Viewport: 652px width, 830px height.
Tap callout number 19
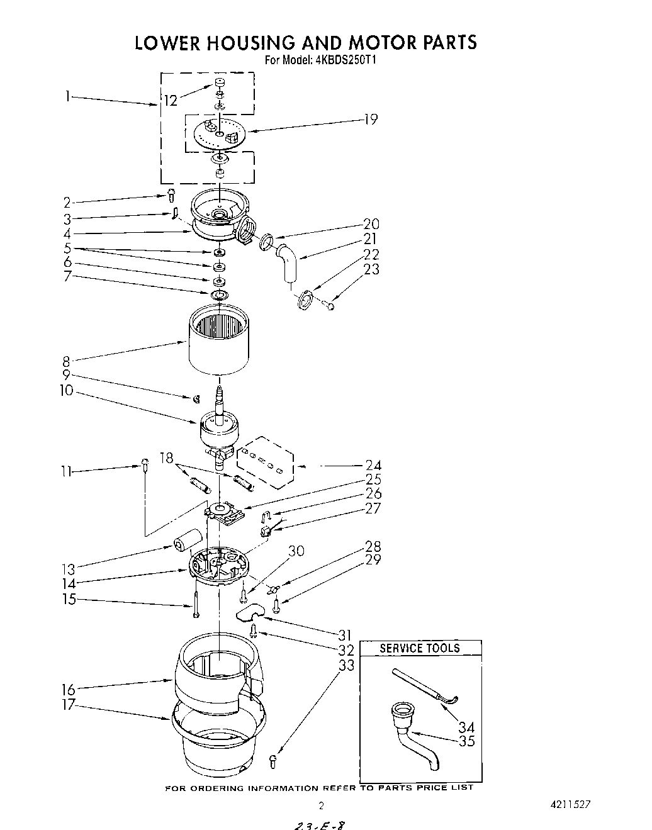coord(370,119)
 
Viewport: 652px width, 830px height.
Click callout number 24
coord(373,466)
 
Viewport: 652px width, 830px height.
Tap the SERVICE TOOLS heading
coord(420,648)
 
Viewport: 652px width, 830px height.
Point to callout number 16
coord(68,688)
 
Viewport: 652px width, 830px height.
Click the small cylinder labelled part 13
coord(186,539)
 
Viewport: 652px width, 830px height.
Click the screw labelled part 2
coord(171,195)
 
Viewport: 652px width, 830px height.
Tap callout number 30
coord(296,551)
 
